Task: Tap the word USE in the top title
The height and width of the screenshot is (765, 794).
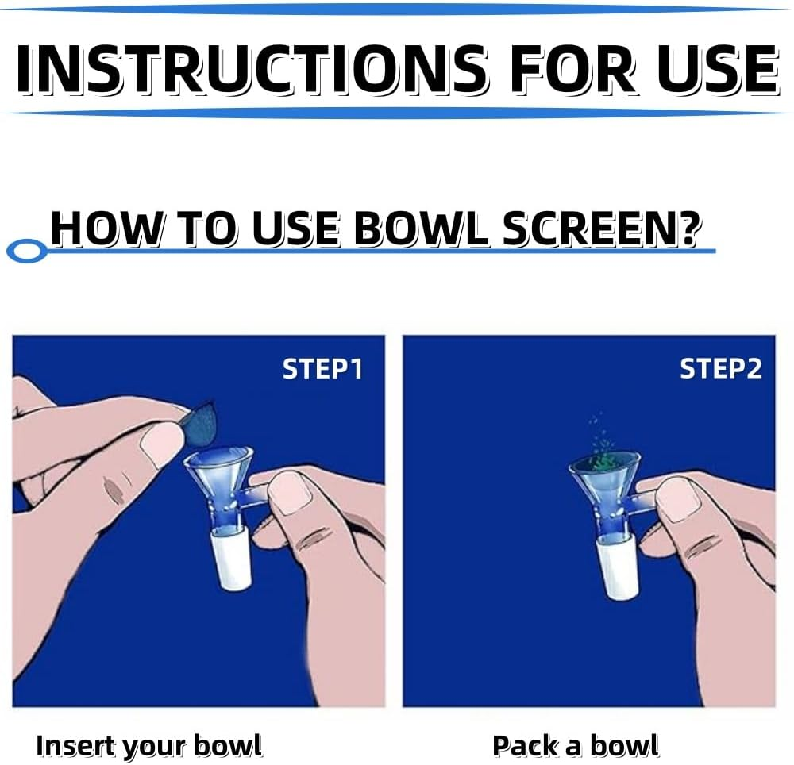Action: [x=719, y=69]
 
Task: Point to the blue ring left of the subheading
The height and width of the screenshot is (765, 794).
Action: [x=25, y=252]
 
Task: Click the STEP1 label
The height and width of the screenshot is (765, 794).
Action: [x=322, y=369]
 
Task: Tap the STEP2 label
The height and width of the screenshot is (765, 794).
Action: [x=721, y=369]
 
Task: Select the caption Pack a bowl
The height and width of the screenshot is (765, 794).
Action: [x=575, y=746]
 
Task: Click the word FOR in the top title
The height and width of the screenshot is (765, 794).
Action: [x=572, y=69]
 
